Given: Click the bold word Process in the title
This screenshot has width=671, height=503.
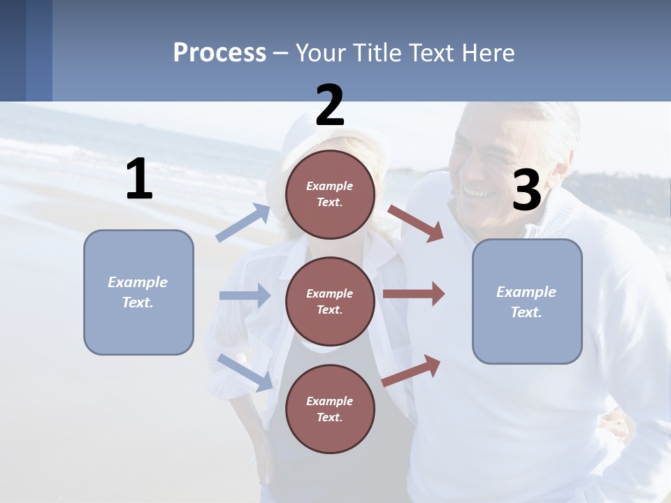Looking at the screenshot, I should (x=219, y=53).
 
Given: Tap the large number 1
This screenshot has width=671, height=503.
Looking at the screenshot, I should (x=139, y=180).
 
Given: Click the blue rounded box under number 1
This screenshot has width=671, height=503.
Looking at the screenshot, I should (x=138, y=292).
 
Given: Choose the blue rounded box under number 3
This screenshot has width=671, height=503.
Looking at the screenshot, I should (x=527, y=302).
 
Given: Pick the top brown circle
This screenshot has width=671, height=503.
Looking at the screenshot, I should (x=330, y=194).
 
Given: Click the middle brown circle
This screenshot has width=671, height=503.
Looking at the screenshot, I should (x=330, y=302).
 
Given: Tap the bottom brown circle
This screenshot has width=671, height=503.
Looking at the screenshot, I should (x=330, y=409).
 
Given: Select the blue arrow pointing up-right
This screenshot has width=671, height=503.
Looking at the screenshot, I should (x=243, y=223).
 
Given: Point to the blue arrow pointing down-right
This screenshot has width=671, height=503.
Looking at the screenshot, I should (x=245, y=372).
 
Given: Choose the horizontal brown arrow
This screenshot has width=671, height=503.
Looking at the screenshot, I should (x=414, y=293).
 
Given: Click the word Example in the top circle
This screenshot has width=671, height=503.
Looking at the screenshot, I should (x=330, y=187).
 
